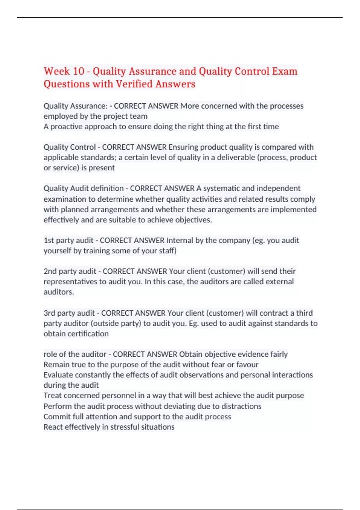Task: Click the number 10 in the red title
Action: tap(79, 71)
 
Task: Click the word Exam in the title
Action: tap(285, 71)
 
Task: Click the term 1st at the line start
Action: tap(49, 240)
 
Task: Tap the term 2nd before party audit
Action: tap(50, 271)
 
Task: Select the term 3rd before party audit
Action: tap(49, 313)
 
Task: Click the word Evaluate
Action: tap(58, 375)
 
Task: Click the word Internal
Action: tap(180, 240)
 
